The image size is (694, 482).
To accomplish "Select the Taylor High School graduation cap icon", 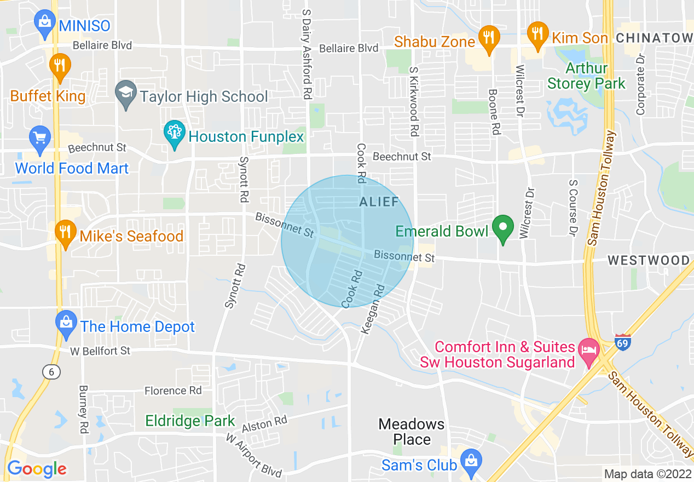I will tap(126, 94).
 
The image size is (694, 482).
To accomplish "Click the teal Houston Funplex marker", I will tap(175, 134).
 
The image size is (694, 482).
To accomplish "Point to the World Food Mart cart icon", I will tap(40, 137).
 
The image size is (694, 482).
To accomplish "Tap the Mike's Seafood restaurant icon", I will tap(65, 234).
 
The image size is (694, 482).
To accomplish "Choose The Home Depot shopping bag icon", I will tap(66, 324).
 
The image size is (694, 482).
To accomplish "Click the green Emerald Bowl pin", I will tap(502, 228).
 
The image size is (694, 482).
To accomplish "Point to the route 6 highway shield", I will tap(50, 371).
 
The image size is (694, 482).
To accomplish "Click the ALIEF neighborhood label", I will tap(379, 202).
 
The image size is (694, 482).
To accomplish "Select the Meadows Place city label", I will tap(412, 432).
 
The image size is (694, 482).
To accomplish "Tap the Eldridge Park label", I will tap(190, 421).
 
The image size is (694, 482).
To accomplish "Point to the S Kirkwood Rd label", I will tap(414, 102).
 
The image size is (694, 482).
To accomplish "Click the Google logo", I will tap(37, 469).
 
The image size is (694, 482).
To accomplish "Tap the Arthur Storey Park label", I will tap(586, 76).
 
